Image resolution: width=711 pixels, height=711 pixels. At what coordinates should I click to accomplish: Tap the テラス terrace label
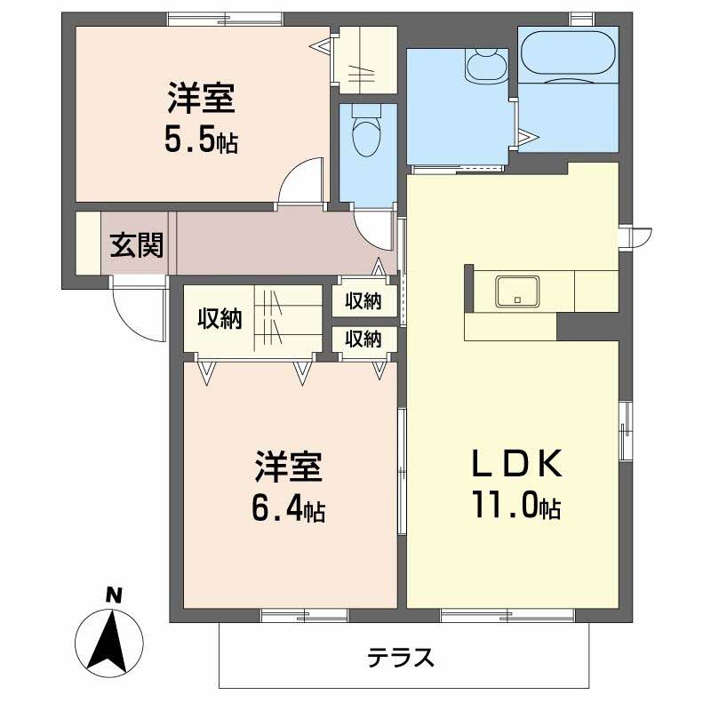[x=401, y=657]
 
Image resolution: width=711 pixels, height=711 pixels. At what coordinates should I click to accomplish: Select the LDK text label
[x=517, y=463]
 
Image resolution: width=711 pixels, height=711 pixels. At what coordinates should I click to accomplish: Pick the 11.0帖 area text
[x=517, y=504]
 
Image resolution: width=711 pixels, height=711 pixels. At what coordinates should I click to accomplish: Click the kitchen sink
[x=518, y=292]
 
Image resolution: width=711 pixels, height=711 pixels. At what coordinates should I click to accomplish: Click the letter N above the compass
[x=115, y=595]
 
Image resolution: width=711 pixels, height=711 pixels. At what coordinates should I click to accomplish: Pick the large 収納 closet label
[x=220, y=319]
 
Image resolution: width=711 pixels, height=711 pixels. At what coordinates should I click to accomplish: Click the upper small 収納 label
[x=363, y=301]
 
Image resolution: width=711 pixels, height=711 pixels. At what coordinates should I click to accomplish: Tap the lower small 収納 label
[x=363, y=339]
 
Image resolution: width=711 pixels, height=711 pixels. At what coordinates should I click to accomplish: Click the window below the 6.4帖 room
[x=305, y=615]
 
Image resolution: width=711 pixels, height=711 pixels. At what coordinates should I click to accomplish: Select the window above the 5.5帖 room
[x=226, y=19]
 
